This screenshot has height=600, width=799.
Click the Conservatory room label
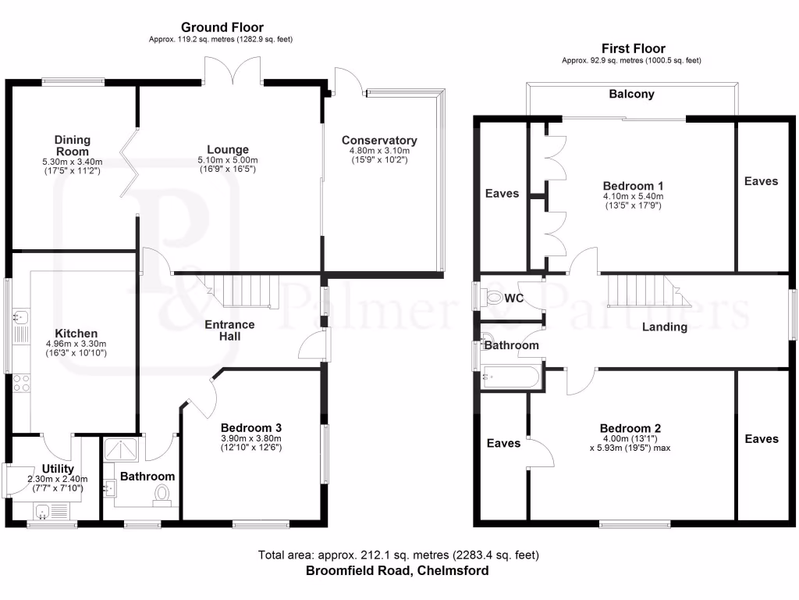pyautogui.click(x=379, y=141)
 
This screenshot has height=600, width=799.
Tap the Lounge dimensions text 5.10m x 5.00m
pyautogui.click(x=228, y=160)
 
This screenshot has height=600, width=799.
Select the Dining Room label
pyautogui.click(x=73, y=145)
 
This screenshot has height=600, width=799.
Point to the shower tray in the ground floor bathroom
pyautogui.click(x=121, y=449)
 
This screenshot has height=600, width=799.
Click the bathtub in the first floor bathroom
pyautogui.click(x=510, y=377)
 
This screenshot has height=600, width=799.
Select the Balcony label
pyautogui.click(x=631, y=94)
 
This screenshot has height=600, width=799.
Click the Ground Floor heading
pyautogui.click(x=222, y=27)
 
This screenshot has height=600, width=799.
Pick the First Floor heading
pyautogui.click(x=634, y=48)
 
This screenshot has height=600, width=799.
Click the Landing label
pyautogui.click(x=665, y=327)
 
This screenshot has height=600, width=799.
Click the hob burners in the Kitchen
pyautogui.click(x=21, y=383)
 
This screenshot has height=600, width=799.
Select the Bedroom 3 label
pyautogui.click(x=251, y=427)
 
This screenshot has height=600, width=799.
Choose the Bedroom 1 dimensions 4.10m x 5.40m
pyautogui.click(x=634, y=196)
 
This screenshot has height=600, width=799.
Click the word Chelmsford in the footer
pyautogui.click(x=453, y=570)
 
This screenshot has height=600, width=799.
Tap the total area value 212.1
pyautogui.click(x=375, y=555)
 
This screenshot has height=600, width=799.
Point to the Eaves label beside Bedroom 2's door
pyautogui.click(x=503, y=444)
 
